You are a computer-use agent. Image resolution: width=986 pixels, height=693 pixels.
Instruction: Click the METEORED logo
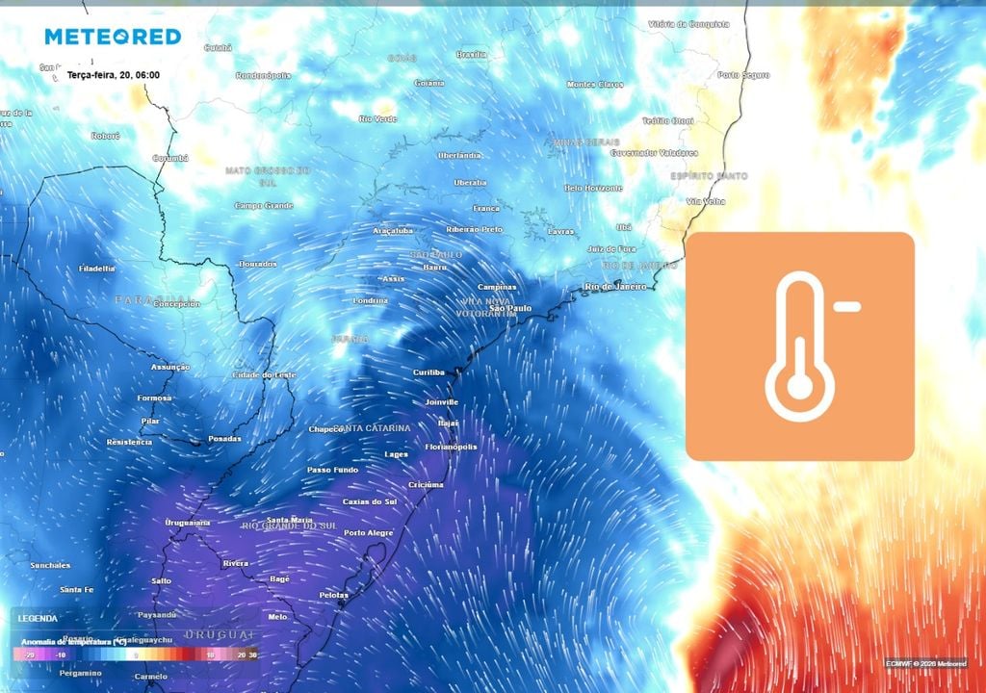pos(113,37)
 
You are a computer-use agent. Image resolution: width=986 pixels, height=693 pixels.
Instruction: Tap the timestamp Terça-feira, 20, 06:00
pos(114,75)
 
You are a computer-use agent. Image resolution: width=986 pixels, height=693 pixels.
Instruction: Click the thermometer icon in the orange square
pos(799,346)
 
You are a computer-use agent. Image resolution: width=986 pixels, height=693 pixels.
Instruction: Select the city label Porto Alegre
pos(368,533)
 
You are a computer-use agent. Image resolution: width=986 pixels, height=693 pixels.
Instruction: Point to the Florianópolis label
pos(451,447)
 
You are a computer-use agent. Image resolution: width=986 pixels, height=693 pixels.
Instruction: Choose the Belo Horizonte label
pos(593,188)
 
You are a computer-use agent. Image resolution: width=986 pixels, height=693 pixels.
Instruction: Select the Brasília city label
pos(472,55)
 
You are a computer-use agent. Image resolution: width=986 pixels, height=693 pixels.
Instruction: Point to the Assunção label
pos(170,367)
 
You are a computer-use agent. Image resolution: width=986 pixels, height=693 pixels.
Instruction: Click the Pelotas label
pos(333,596)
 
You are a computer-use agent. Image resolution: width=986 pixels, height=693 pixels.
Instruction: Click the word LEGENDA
pos(38,618)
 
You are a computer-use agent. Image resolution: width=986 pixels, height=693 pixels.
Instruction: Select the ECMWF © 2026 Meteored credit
pos(926,663)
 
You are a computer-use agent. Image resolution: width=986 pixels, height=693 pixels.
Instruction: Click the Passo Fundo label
pos(332,470)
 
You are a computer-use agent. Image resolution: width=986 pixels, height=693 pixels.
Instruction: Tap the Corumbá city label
pos(169,158)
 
